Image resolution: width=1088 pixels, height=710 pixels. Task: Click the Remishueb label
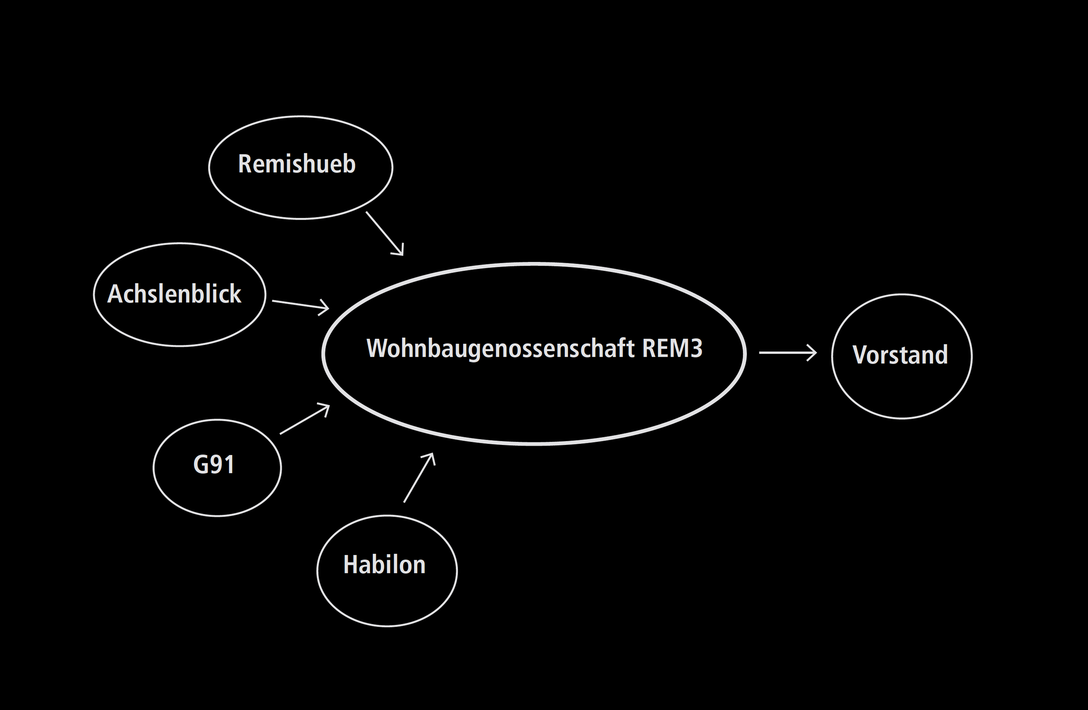coord(297,164)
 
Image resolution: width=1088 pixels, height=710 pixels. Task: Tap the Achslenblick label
coord(174,293)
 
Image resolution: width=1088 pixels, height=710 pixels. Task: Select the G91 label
coord(214,465)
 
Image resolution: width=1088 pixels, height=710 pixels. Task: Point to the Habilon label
coord(385,564)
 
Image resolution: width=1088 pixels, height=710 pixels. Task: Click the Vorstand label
coord(900,355)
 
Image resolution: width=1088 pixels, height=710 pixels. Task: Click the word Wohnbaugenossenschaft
coord(501,348)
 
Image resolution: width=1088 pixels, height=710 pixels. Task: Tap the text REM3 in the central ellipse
coord(672,348)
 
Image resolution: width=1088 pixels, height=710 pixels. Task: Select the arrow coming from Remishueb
coord(384,233)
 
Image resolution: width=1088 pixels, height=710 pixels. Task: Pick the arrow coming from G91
coord(304,419)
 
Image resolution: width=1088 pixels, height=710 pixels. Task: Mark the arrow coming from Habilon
coord(419,477)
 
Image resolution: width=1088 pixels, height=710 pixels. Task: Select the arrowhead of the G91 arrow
coord(326,406)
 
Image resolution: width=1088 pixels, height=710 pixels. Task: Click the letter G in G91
coord(201,465)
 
